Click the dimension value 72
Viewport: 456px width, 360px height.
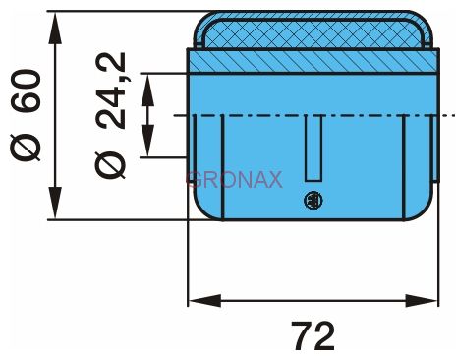[313, 335]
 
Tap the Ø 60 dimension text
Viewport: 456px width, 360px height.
[26, 115]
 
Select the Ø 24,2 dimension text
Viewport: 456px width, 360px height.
[110, 115]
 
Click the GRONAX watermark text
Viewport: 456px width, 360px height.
[234, 180]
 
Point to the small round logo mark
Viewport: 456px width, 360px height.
[313, 200]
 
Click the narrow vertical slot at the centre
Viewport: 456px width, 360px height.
[313, 148]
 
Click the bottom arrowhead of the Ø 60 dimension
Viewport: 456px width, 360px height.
[55, 204]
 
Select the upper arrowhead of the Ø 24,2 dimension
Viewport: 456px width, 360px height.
[147, 90]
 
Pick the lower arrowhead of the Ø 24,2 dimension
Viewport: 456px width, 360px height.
[147, 141]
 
